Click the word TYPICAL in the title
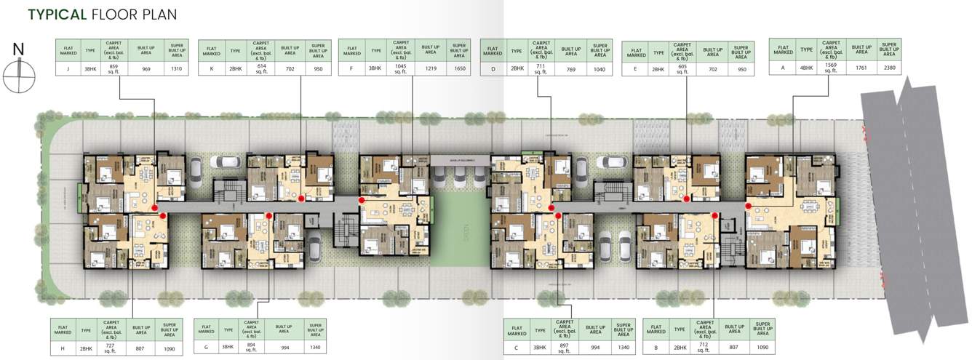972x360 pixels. (57, 15)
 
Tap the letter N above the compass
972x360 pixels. (19, 49)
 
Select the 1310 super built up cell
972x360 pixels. (175, 69)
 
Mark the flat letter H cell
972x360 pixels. (63, 348)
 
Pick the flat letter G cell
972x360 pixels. (207, 348)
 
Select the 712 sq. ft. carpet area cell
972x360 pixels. (704, 348)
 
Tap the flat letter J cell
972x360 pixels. (68, 69)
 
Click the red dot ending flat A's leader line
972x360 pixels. (749, 207)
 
